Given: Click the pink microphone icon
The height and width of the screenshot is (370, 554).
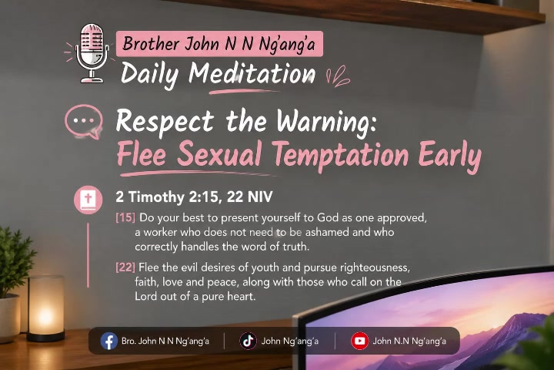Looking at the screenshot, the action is pyautogui.click(x=91, y=53).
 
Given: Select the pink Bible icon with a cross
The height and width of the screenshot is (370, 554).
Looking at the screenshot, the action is pyautogui.click(x=88, y=200).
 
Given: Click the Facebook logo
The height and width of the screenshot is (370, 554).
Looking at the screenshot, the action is pyautogui.click(x=108, y=341).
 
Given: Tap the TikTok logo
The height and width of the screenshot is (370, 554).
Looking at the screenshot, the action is pyautogui.click(x=248, y=341).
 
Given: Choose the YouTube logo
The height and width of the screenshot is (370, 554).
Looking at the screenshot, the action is pyautogui.click(x=359, y=341).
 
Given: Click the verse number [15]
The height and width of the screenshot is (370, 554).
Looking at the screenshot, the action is pyautogui.click(x=125, y=217).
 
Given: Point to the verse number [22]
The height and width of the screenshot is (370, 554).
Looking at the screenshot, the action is pyautogui.click(x=125, y=267).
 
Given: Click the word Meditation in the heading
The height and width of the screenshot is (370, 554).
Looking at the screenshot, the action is pyautogui.click(x=252, y=74).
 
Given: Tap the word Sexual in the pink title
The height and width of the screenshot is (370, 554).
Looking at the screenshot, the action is pyautogui.click(x=219, y=154).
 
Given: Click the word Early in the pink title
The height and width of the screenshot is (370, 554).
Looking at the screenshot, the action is pyautogui.click(x=450, y=156).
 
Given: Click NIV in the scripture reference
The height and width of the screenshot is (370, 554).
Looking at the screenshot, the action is pyautogui.click(x=260, y=197).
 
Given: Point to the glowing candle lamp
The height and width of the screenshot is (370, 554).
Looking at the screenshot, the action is pyautogui.click(x=45, y=308).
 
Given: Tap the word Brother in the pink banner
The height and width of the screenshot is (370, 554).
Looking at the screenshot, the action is pyautogui.click(x=151, y=44).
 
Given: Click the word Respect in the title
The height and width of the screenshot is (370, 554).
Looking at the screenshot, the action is pyautogui.click(x=165, y=122).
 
